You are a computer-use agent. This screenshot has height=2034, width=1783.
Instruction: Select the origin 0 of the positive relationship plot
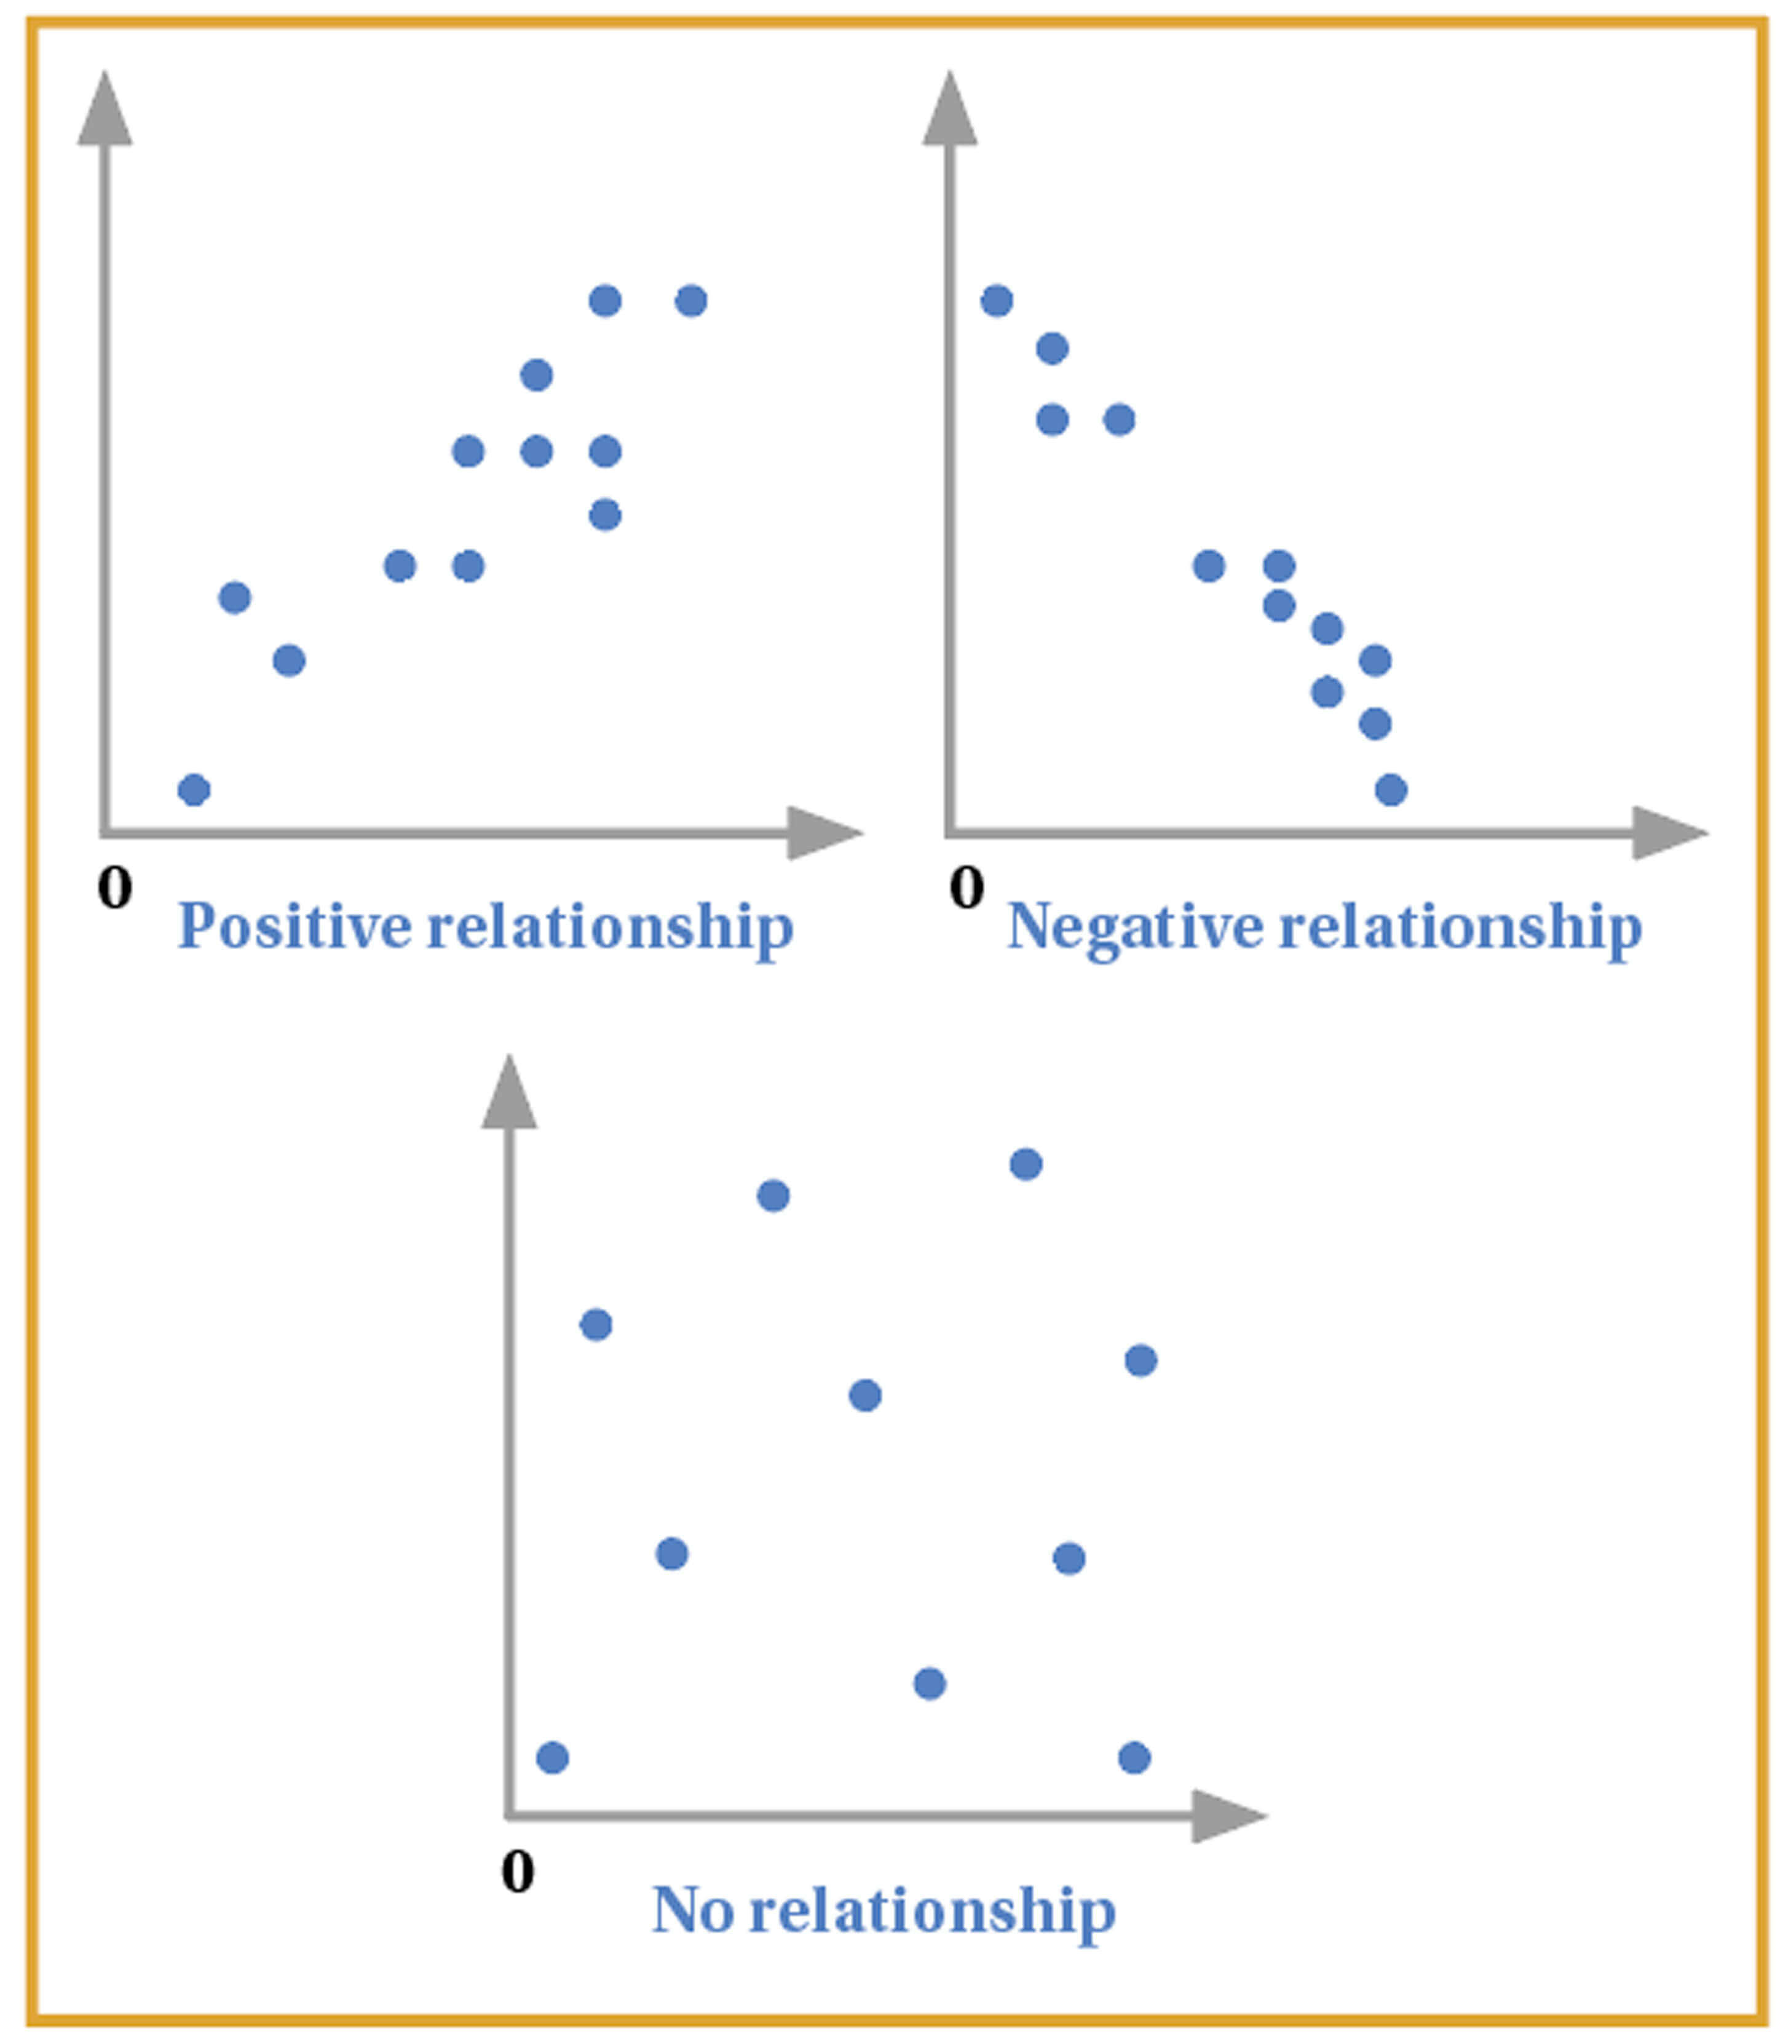coord(114,887)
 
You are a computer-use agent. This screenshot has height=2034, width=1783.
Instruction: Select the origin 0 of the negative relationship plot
coord(966,887)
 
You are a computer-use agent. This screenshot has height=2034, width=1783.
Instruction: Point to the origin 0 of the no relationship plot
coord(518,1872)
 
